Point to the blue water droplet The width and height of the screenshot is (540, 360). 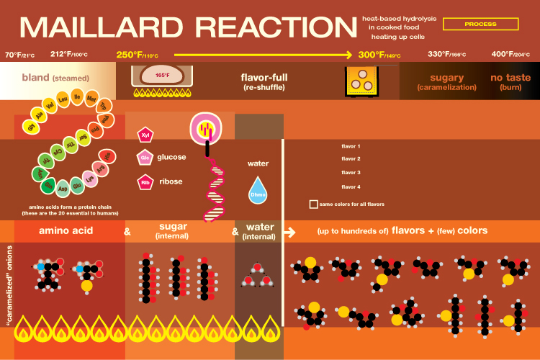(x=258, y=190)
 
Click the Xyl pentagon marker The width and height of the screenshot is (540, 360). (x=143, y=134)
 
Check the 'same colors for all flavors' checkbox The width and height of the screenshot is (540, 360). (x=313, y=204)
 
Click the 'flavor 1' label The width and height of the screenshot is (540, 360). (x=351, y=146)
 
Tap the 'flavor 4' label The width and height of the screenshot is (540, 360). (x=351, y=187)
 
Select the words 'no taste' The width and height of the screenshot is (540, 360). (x=510, y=77)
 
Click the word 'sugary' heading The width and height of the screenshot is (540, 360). (x=446, y=77)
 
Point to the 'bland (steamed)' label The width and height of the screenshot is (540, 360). (x=55, y=78)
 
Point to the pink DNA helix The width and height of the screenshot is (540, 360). (x=215, y=187)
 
